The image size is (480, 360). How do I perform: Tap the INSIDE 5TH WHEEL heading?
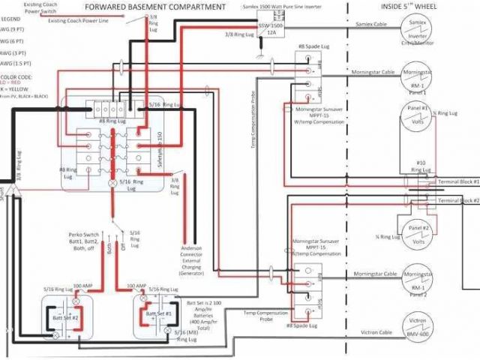[409, 7]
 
